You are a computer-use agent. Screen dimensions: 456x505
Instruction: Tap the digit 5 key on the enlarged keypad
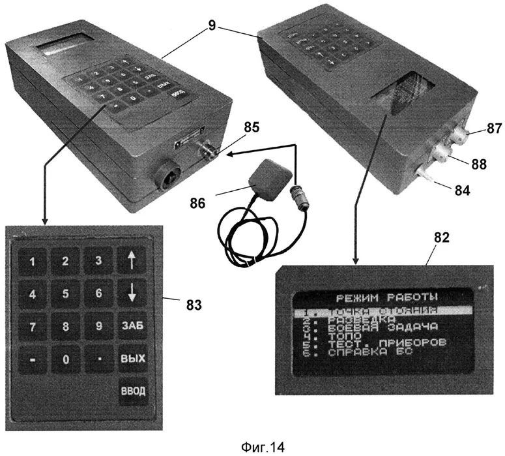point(66,294)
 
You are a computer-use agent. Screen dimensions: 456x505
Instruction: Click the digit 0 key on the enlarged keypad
point(66,359)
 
